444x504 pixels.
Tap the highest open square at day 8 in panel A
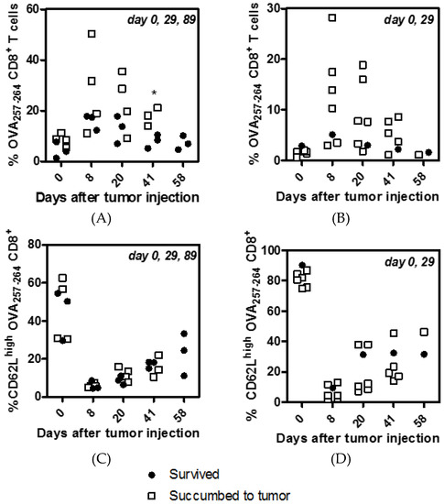pyautogui.click(x=92, y=34)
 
